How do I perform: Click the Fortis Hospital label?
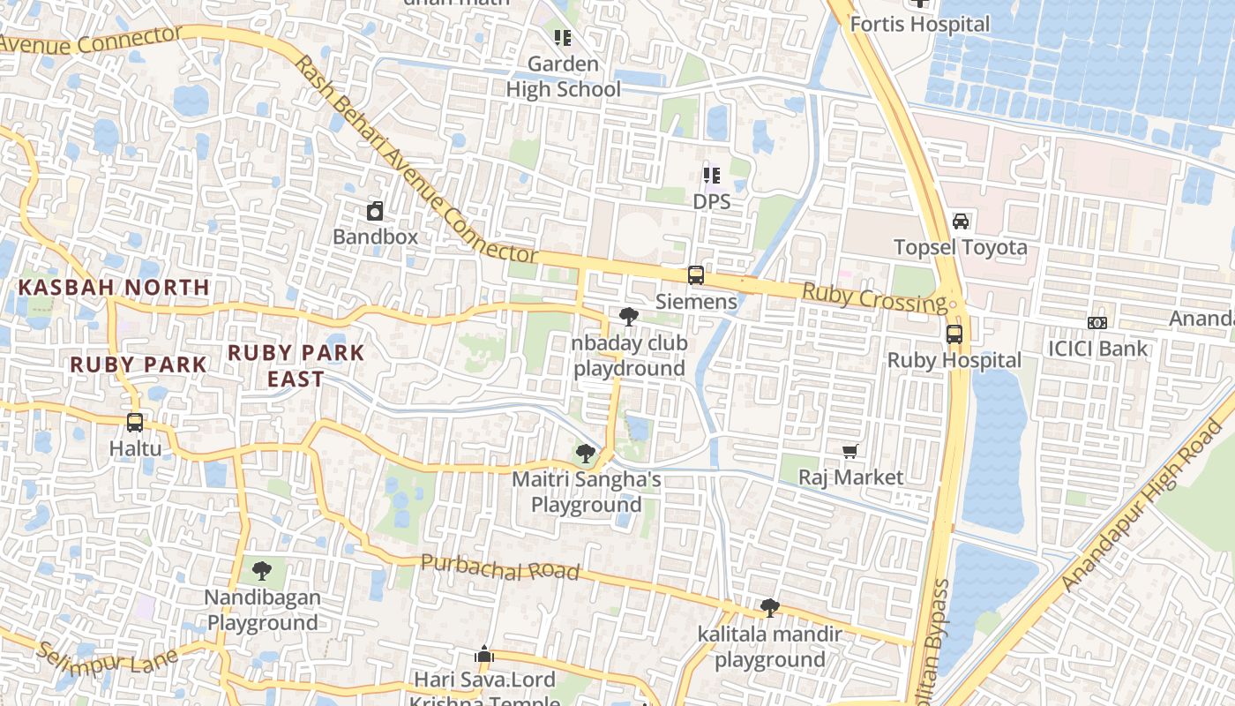point(920,24)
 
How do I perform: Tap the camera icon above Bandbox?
point(375,211)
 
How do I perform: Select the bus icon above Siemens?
point(696,275)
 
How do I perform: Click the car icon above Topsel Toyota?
point(961,221)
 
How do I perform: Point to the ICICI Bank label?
point(1097,348)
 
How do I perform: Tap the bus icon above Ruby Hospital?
point(954,334)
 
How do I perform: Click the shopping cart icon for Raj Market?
point(850,452)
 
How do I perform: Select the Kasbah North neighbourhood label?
point(114,287)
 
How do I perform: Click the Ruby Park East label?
point(296,364)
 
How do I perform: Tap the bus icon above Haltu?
point(135,423)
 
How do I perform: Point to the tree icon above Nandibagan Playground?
point(261,571)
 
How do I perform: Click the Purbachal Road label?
point(499,567)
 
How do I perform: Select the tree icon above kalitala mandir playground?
point(770,607)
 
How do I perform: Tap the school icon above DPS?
point(711,176)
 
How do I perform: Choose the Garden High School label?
point(563,77)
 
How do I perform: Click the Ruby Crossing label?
point(873,297)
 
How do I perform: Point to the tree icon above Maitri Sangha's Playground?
point(584,454)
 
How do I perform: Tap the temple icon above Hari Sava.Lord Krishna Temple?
point(484,655)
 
